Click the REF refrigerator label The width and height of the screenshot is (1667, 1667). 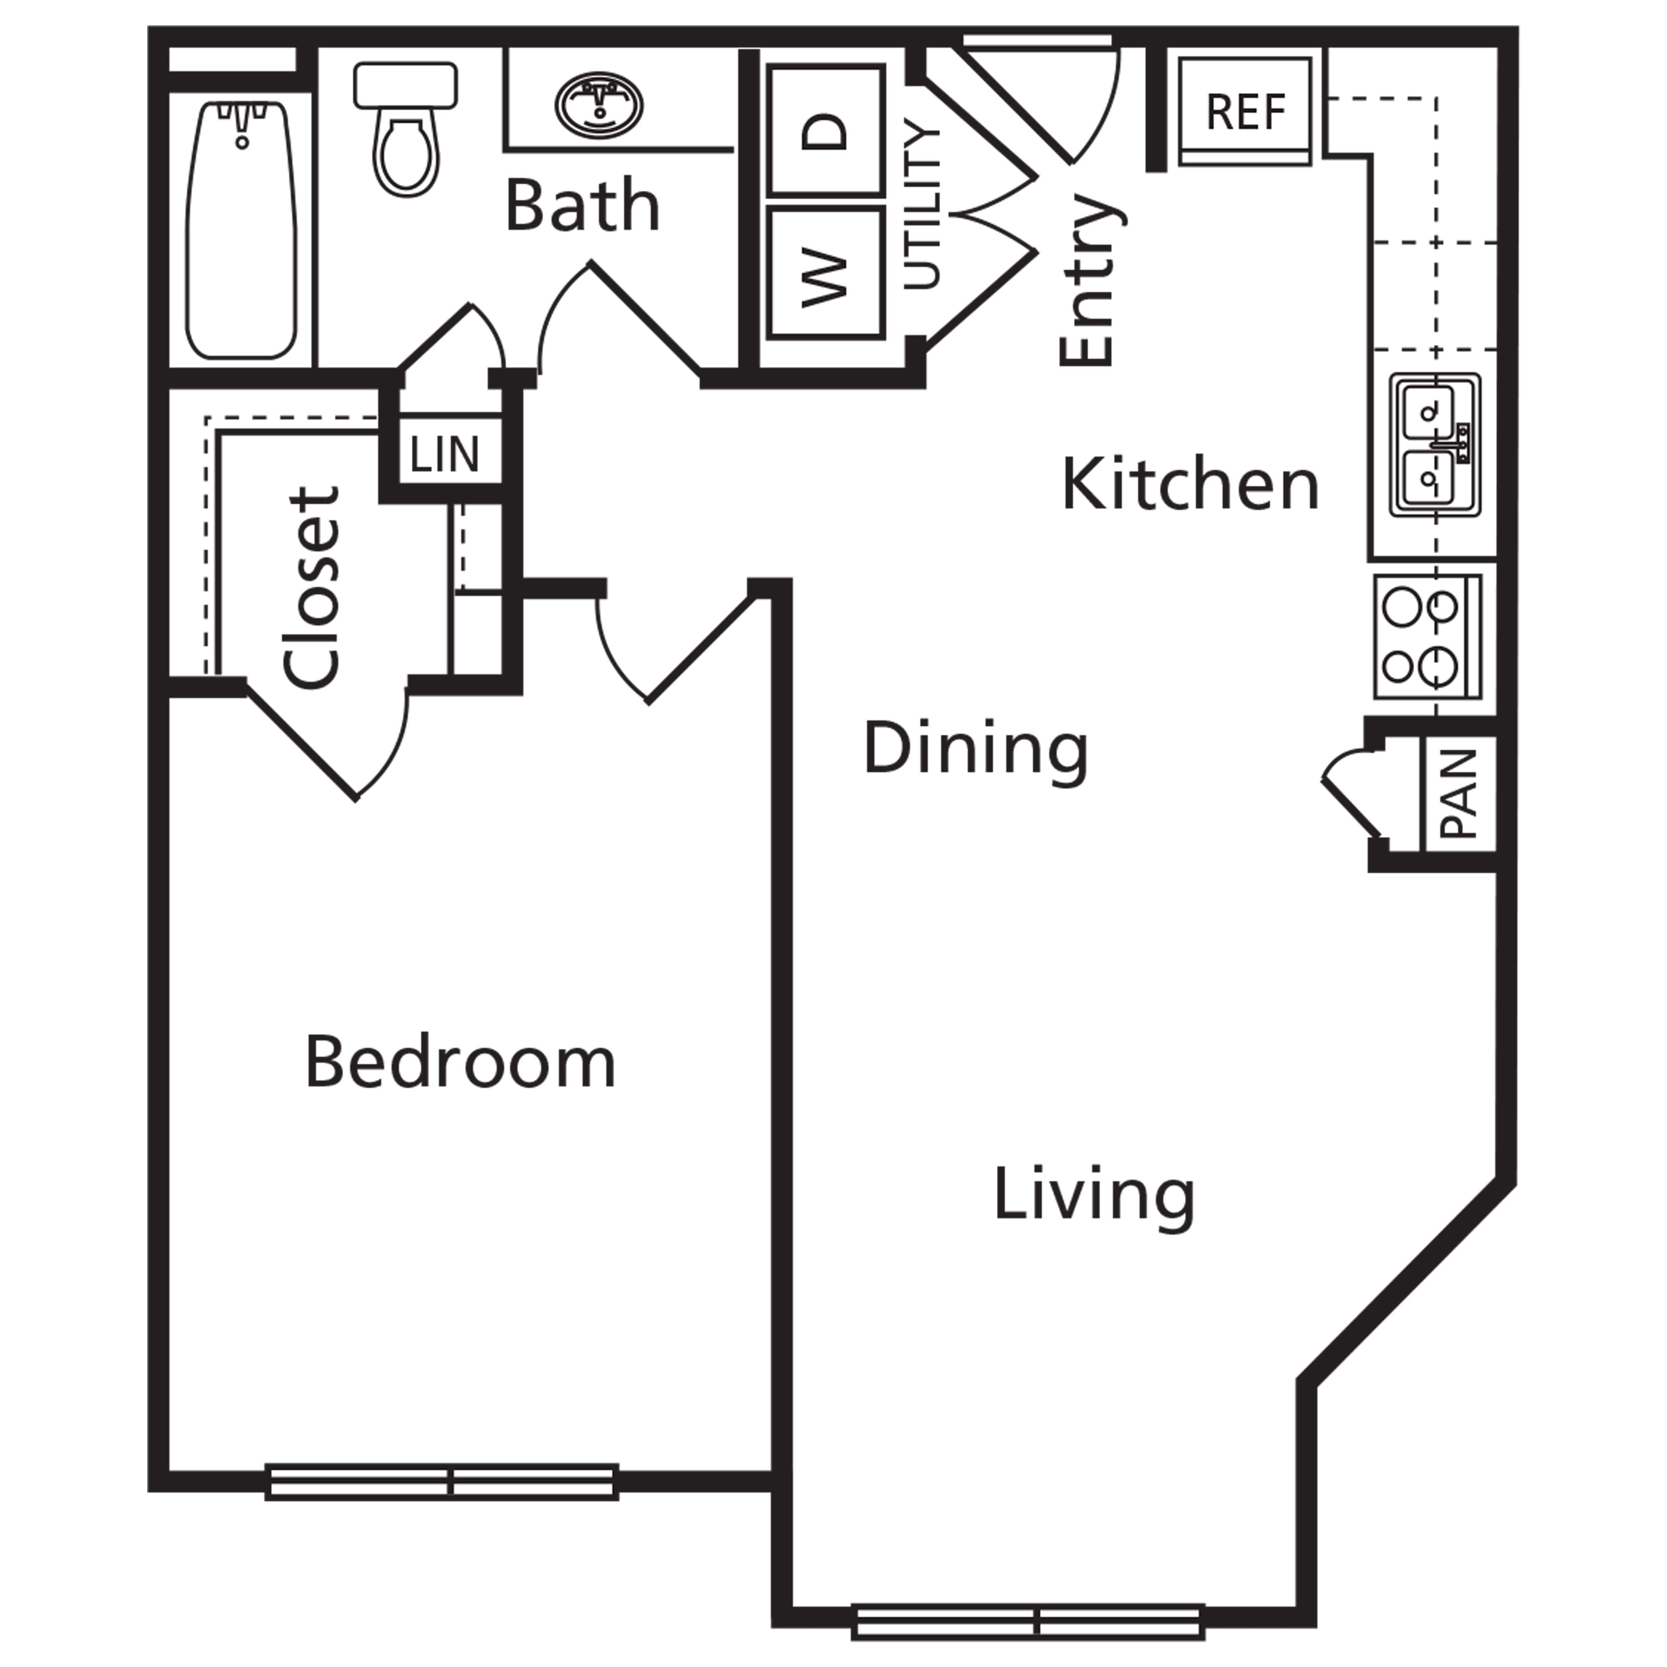[x=1245, y=111]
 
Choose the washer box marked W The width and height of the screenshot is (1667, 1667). [x=826, y=272]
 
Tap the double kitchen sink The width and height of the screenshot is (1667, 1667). [x=1435, y=445]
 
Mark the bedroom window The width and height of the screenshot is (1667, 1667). [x=442, y=1483]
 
